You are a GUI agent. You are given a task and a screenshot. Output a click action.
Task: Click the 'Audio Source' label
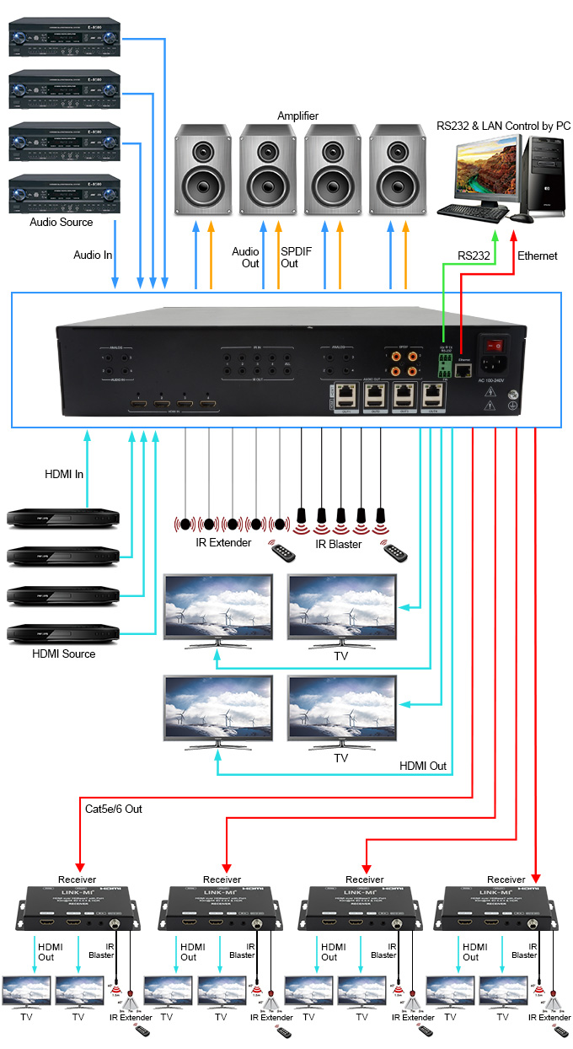coord(62,223)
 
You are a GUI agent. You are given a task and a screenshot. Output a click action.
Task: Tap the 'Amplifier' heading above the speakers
coord(298,116)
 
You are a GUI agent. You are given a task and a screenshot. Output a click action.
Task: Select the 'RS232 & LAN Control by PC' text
coord(504,126)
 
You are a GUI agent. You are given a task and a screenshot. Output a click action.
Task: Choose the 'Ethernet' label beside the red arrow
coord(538,256)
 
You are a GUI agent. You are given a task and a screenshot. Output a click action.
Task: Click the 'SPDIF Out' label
coord(289,257)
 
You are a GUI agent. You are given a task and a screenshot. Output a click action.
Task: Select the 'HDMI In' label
coord(64,474)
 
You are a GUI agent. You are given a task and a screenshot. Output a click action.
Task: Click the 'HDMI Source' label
coord(64,654)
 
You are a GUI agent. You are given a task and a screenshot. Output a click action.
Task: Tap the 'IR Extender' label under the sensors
coord(223,542)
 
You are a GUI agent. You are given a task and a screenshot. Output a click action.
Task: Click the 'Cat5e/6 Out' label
coord(114,809)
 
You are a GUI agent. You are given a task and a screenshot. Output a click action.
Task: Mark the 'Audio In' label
coord(93,254)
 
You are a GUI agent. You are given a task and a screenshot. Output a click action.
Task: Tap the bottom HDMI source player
coord(63,632)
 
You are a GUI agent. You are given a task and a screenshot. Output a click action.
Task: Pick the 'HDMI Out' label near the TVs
coord(423,767)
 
